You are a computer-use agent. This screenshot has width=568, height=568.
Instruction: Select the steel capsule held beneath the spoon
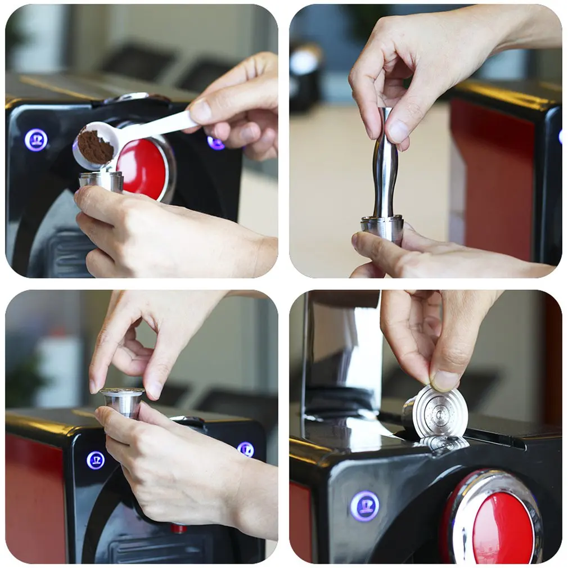101,181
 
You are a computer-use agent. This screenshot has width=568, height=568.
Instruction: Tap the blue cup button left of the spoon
36,140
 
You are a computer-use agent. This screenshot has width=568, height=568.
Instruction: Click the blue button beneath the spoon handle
215,143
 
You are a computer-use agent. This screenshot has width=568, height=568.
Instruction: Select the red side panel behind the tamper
489,169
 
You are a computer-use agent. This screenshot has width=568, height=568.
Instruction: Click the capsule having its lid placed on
123,401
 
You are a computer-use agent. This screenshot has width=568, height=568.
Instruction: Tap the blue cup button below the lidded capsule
96,460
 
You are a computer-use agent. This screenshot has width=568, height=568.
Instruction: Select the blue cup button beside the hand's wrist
245,449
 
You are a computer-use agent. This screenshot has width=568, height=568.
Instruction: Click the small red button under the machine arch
179,529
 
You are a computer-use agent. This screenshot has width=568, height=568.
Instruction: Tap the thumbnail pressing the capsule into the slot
445,380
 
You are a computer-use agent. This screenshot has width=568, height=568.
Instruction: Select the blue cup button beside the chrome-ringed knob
364,506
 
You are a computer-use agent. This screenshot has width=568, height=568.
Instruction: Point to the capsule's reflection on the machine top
444,443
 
